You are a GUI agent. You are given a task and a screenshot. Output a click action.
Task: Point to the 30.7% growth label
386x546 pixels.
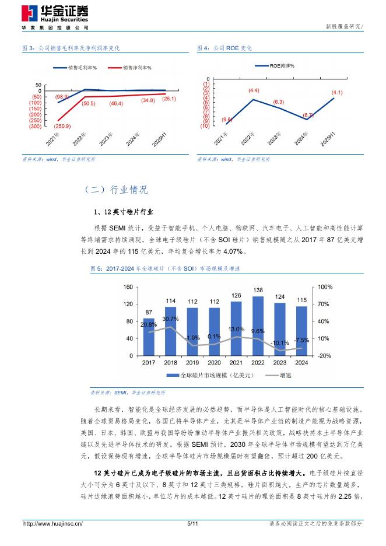pos(171,319)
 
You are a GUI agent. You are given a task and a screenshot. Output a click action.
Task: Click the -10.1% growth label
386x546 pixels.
pos(280,343)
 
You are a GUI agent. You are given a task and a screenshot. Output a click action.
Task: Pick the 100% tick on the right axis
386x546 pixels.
pos(325,288)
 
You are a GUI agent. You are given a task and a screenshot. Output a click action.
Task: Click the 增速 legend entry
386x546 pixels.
pos(280,376)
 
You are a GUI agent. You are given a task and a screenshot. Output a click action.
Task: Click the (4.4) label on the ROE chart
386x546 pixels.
pos(254,90)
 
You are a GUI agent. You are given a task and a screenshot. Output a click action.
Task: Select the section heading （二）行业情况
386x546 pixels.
pos(116,190)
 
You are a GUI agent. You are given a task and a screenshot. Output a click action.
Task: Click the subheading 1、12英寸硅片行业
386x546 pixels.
pos(124,211)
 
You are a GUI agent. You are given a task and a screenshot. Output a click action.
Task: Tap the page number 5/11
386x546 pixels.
pos(193,524)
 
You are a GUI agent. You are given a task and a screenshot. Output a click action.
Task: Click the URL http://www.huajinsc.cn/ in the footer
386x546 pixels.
pos(52,524)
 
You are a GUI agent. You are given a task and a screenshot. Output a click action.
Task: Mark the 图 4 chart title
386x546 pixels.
pos(224,48)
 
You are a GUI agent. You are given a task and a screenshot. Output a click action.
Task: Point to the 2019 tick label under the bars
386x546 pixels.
pos(193,362)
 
